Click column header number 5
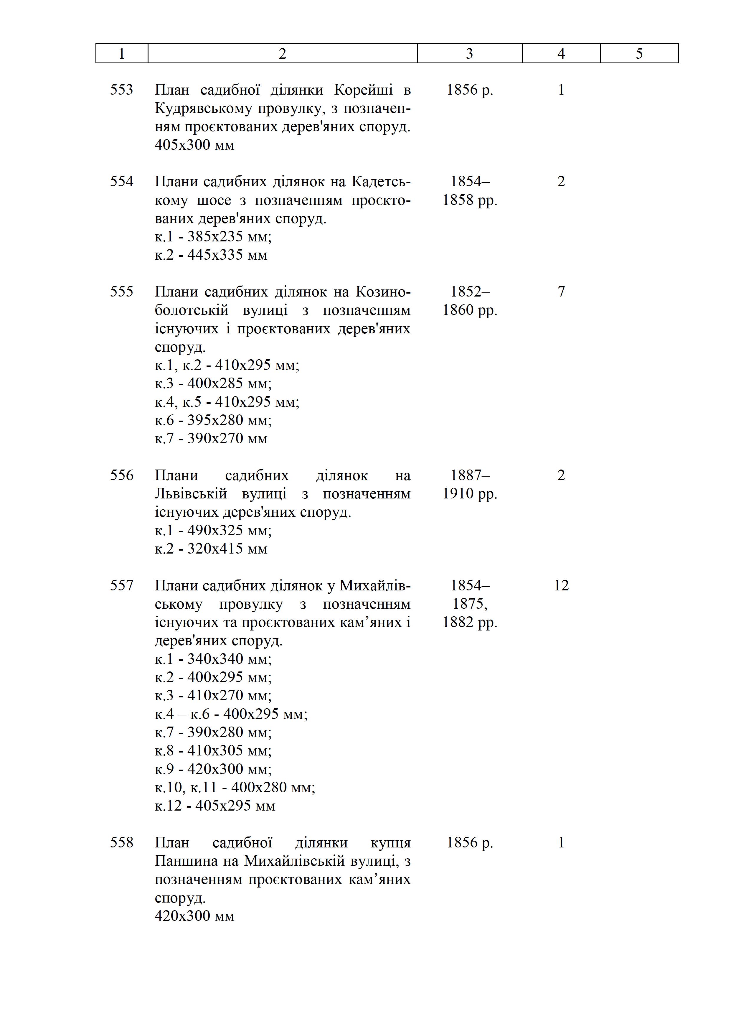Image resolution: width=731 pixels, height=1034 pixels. (639, 54)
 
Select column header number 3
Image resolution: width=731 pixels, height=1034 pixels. (469, 54)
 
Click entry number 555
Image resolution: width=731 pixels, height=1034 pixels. (121, 292)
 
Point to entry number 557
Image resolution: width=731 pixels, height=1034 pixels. (121, 585)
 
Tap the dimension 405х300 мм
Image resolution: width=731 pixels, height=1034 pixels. (194, 145)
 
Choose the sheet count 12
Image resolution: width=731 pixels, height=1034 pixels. (561, 585)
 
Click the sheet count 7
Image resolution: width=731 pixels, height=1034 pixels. (561, 292)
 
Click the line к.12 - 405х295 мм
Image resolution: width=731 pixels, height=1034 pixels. (215, 805)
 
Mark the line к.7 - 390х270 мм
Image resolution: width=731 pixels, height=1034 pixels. (211, 438)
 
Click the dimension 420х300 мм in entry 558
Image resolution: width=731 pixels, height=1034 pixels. (194, 916)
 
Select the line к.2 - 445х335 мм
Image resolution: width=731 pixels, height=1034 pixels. (211, 255)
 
